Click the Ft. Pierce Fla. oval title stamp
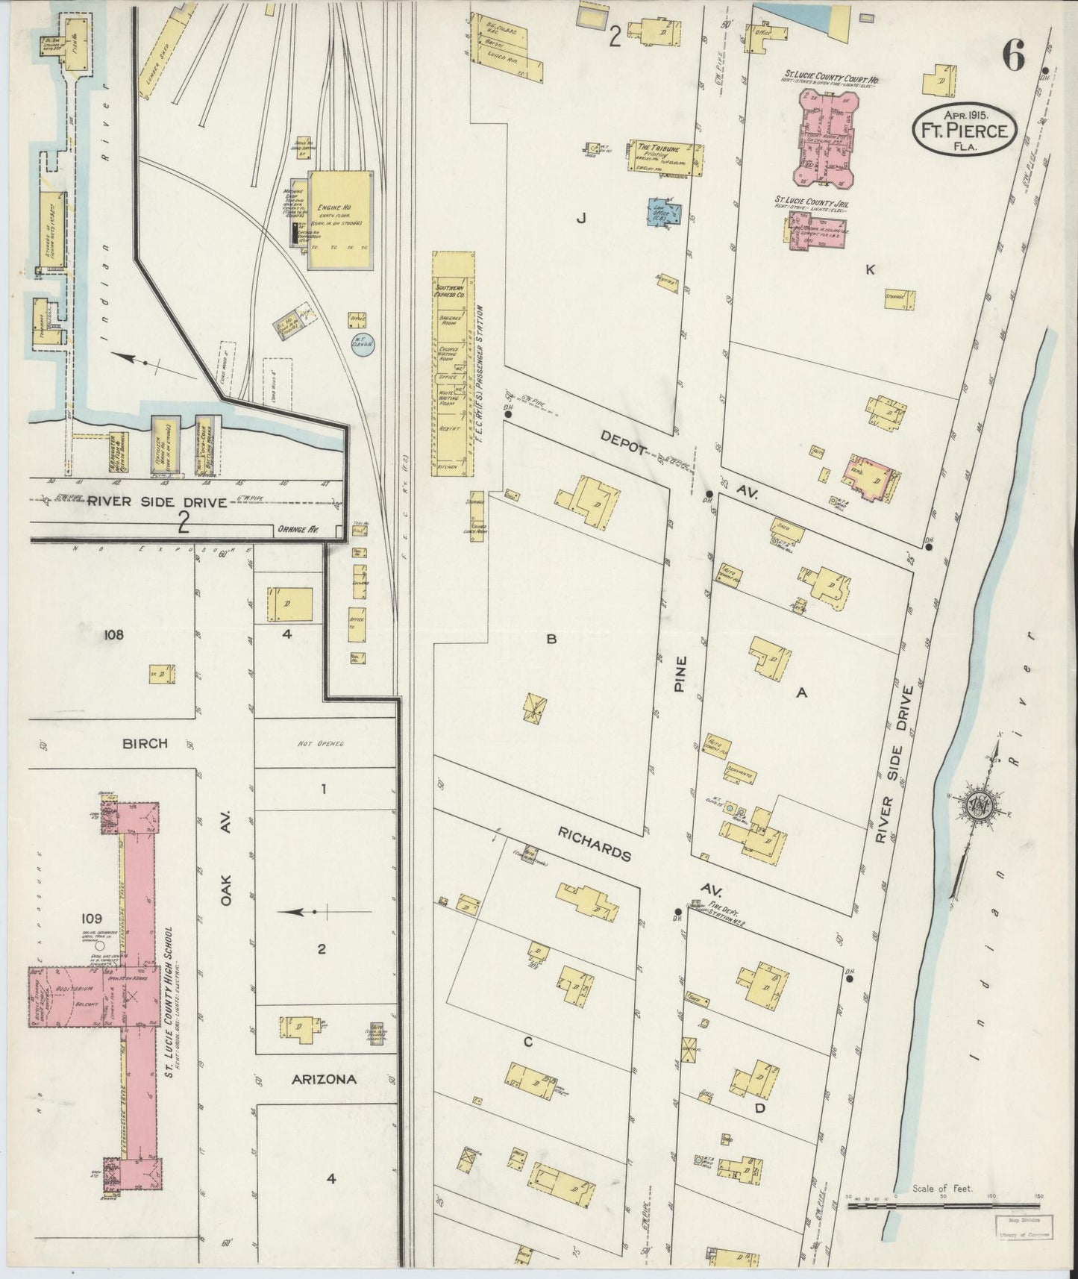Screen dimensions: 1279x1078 click(x=965, y=131)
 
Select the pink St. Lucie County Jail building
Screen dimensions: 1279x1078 click(x=808, y=229)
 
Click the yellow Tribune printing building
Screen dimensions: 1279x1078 click(x=667, y=157)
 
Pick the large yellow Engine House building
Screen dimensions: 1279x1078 click(x=340, y=219)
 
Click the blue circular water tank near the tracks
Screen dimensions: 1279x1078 click(x=363, y=343)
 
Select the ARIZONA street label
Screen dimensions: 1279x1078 click(x=324, y=1079)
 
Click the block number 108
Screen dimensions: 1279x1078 click(x=113, y=635)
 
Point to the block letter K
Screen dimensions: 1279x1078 click(x=870, y=270)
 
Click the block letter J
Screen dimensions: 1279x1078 click(x=581, y=218)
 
